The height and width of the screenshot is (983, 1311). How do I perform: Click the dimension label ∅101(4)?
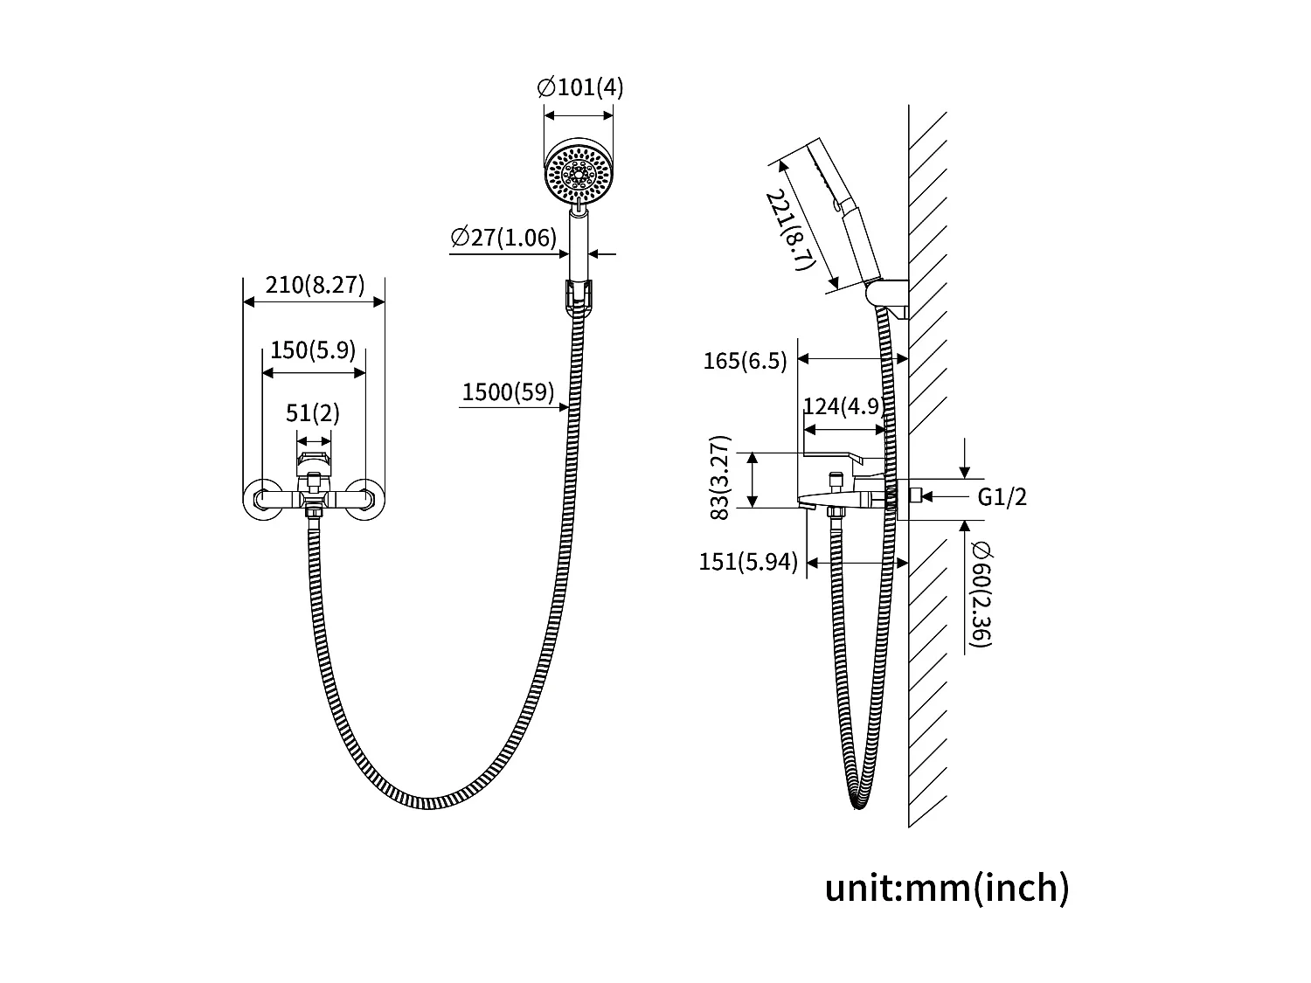click(x=579, y=88)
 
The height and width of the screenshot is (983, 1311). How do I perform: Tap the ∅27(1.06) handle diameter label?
click(x=503, y=238)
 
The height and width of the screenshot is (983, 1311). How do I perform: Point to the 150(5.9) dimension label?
click(x=313, y=350)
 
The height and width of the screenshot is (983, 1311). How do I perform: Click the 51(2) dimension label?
click(x=313, y=412)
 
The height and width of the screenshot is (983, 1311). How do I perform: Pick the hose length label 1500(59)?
click(x=508, y=392)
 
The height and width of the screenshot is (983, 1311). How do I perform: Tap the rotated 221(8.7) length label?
click(x=790, y=232)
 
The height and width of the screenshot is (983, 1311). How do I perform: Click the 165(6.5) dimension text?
click(x=745, y=361)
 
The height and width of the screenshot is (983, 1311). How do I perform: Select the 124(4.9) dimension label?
click(x=843, y=407)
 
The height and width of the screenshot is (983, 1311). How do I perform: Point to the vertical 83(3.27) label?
click(x=720, y=478)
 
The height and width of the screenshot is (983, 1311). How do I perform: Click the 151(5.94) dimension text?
click(x=748, y=562)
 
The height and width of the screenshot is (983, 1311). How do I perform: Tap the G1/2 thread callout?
click(x=1002, y=497)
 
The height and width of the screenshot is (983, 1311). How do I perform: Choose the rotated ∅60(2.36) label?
click(x=980, y=594)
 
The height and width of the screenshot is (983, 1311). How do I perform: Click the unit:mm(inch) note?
click(x=947, y=889)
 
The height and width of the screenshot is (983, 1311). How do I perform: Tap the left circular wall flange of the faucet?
click(x=260, y=501)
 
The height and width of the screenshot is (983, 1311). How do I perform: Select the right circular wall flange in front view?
click(x=365, y=501)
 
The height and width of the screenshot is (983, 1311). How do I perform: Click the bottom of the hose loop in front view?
click(x=428, y=802)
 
